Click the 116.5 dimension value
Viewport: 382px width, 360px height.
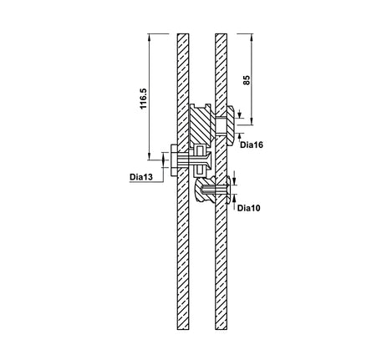(x=143, y=99)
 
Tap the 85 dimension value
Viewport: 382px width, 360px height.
(x=247, y=80)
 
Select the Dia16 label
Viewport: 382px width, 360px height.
(x=252, y=145)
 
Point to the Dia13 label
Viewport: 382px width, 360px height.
(x=141, y=177)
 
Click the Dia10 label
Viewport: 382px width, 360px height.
(x=249, y=208)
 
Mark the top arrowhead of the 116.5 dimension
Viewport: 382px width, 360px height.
(x=150, y=38)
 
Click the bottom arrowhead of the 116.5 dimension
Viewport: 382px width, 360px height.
(x=150, y=156)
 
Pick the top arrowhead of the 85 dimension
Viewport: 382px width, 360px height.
(x=252, y=38)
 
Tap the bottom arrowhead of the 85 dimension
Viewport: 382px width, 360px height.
(x=252, y=121)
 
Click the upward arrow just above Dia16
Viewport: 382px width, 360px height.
(x=240, y=136)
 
